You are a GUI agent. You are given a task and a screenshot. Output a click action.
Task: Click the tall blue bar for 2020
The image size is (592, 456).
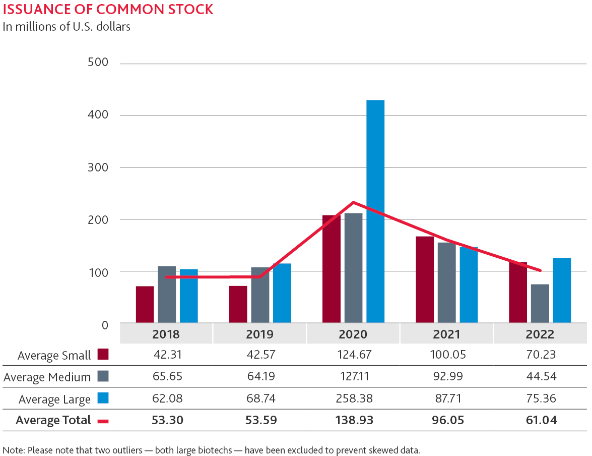click(x=375, y=212)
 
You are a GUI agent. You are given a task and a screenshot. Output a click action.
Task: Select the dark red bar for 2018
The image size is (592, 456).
click(x=145, y=305)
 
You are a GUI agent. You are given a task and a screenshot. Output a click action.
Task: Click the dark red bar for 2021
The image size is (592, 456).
click(x=425, y=280)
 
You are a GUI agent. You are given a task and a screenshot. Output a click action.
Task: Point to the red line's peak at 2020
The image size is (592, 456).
click(x=353, y=203)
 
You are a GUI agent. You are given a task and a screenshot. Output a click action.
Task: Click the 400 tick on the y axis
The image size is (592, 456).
click(x=98, y=115)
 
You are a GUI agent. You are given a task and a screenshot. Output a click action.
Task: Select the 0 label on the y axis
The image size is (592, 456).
click(x=104, y=325)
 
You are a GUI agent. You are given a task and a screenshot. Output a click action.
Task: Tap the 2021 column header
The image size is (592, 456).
click(x=446, y=334)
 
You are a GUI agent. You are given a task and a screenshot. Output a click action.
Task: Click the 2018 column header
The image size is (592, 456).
click(x=166, y=334)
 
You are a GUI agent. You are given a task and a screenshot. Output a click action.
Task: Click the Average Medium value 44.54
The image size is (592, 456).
click(x=540, y=376)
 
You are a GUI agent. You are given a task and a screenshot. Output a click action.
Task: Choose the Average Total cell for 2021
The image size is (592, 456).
click(x=446, y=420)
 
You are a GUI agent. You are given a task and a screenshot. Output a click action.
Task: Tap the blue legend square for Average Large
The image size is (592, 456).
click(x=103, y=398)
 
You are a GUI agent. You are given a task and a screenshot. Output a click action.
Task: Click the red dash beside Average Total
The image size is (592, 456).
click(x=103, y=420)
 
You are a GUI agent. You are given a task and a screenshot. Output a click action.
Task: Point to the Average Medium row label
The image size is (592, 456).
click(x=47, y=377)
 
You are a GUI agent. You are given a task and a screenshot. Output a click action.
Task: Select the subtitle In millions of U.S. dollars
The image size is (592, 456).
click(x=67, y=27)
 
